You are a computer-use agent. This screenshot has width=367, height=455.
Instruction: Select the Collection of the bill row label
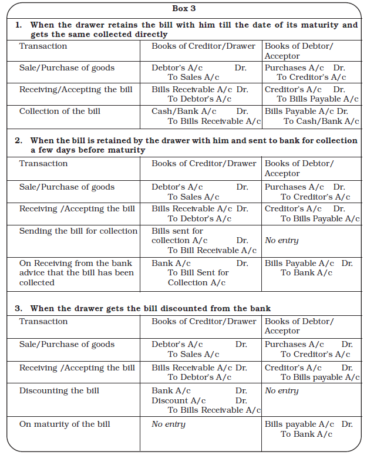[x=60, y=111]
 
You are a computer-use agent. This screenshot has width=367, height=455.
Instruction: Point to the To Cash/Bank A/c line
[x=321, y=121]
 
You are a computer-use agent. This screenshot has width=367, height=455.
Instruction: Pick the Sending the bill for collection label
[x=78, y=231]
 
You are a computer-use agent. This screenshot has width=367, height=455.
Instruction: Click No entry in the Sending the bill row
[x=282, y=240]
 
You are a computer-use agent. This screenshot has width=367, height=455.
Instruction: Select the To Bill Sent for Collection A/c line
[x=198, y=277]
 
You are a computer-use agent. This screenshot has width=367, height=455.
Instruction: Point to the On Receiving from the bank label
[x=76, y=263]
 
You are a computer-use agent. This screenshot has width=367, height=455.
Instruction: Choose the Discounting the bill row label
[x=59, y=390]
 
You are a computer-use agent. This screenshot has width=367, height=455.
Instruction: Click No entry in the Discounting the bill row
[x=282, y=390]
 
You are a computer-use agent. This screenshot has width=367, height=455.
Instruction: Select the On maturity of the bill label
[x=65, y=424]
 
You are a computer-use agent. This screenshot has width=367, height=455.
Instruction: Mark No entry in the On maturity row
[x=169, y=424]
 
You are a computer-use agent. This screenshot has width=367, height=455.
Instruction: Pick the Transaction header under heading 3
[x=43, y=321]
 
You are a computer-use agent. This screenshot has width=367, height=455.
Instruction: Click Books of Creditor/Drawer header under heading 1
[x=203, y=46]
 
